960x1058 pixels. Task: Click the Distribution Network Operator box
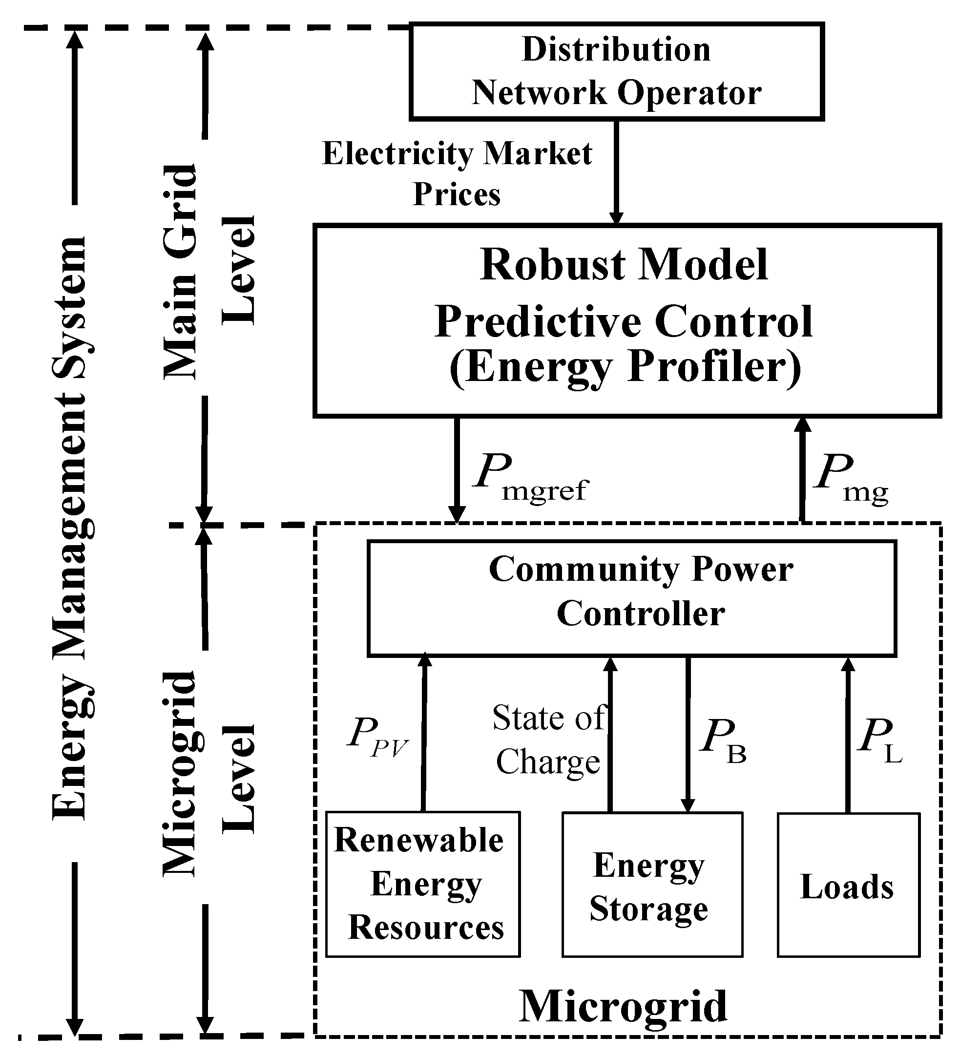tap(616, 71)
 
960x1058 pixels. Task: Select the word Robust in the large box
tap(550, 265)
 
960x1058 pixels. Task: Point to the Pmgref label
tap(530, 478)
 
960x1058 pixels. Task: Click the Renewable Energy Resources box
tap(423, 884)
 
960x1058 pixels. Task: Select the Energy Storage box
tap(652, 885)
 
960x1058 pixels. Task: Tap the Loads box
tap(848, 885)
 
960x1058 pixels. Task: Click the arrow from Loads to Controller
tap(848, 735)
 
